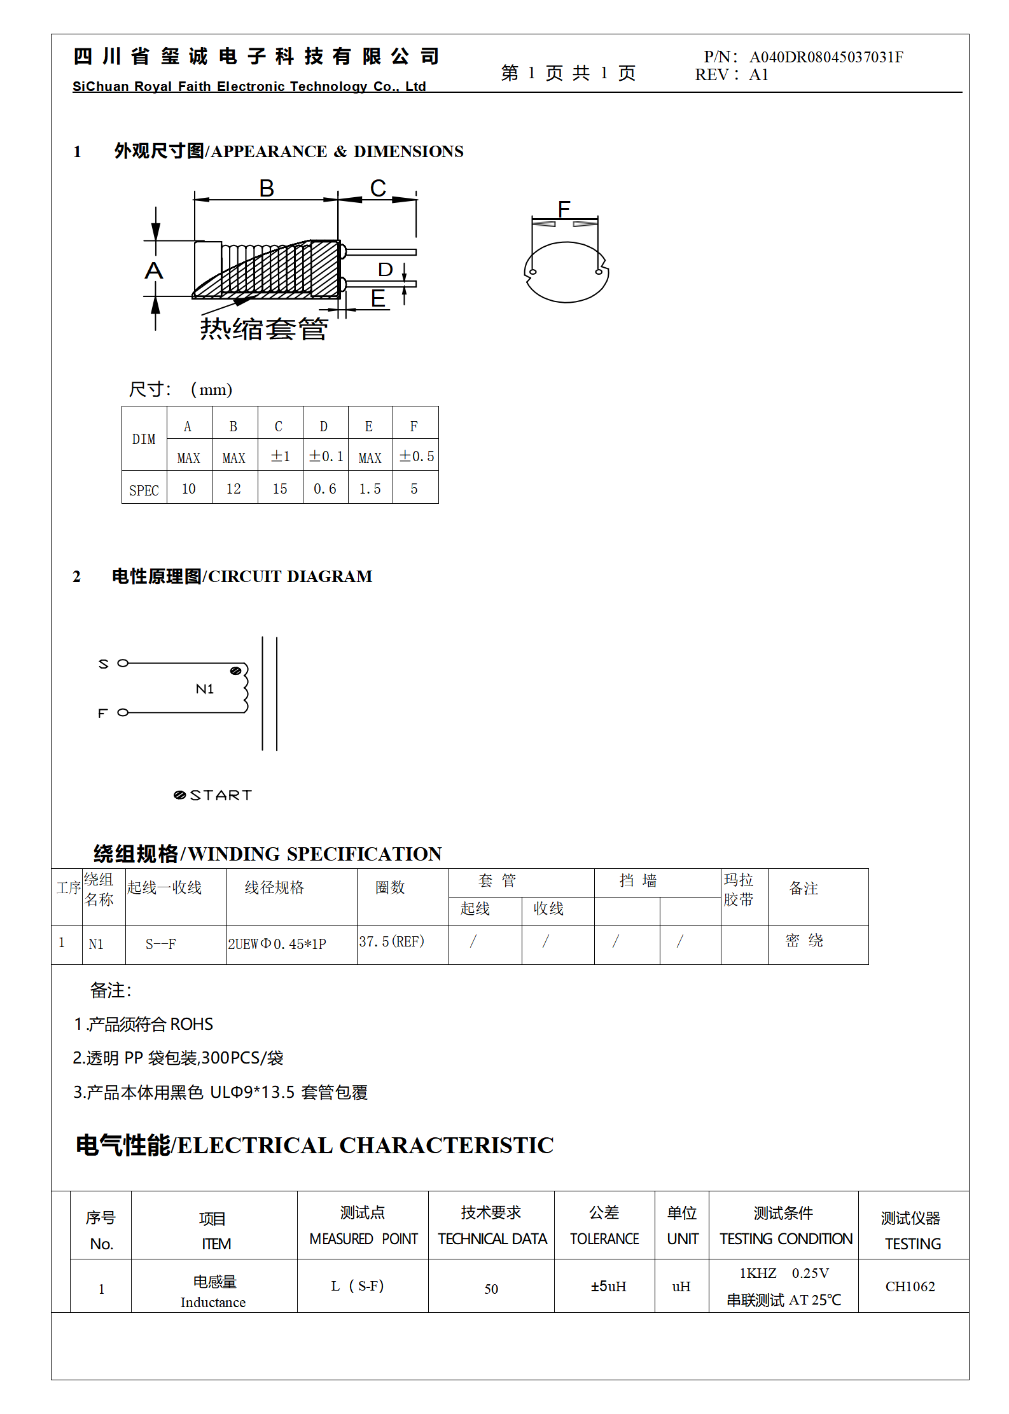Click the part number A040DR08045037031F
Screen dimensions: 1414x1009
tap(826, 57)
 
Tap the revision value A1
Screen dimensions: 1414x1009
tap(758, 75)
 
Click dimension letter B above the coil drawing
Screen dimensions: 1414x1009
tap(267, 188)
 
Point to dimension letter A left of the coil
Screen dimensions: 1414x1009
tap(154, 270)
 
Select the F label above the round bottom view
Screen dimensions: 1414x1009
tap(564, 209)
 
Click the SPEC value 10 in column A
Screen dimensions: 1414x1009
tap(189, 489)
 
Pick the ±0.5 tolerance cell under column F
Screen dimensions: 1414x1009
tap(416, 456)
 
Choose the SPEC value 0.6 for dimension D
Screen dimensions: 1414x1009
tap(324, 489)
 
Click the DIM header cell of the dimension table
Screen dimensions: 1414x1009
tap(144, 439)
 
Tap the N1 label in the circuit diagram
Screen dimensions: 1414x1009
tap(204, 689)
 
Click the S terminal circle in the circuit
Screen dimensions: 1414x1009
tap(123, 663)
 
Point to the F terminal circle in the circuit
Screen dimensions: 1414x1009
tap(123, 712)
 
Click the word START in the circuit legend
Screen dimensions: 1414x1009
tap(221, 795)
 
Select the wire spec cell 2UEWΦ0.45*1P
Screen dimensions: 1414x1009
tap(277, 944)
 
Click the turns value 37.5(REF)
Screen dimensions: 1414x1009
tap(391, 941)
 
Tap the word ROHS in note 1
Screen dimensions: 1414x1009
tap(191, 1024)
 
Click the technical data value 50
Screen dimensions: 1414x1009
tap(491, 1289)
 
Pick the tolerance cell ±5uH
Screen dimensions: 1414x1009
tap(608, 1286)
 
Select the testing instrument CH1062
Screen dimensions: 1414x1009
tap(910, 1286)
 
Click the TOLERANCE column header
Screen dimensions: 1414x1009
tap(604, 1238)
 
